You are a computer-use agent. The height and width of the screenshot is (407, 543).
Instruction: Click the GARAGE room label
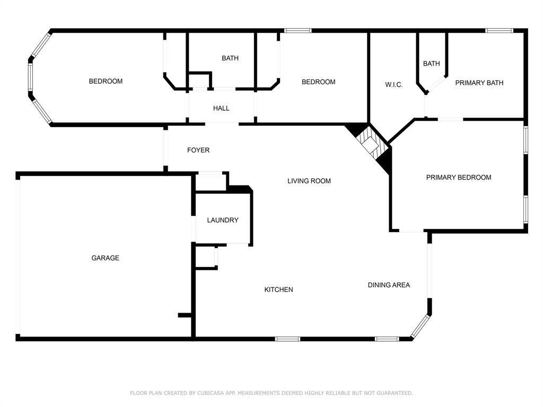pyautogui.click(x=105, y=258)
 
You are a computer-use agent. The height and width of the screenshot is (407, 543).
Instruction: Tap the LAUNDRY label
pyautogui.click(x=222, y=220)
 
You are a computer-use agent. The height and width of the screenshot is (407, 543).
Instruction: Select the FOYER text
pyautogui.click(x=198, y=151)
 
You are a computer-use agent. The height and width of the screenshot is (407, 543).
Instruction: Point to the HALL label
pyautogui.click(x=221, y=108)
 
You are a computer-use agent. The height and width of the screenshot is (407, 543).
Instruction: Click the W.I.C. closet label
pyautogui.click(x=393, y=85)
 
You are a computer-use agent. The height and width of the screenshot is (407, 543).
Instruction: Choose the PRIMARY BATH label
pyautogui.click(x=479, y=83)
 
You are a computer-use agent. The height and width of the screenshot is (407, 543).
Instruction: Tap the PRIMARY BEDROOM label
pyautogui.click(x=458, y=178)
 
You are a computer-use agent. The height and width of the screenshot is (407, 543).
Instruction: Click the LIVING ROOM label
pyautogui.click(x=309, y=181)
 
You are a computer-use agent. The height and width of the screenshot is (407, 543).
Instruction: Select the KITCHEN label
pyautogui.click(x=278, y=290)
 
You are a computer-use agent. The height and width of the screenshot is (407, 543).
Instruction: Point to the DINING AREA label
pyautogui.click(x=389, y=285)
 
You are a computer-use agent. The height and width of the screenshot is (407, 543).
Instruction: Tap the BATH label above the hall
pyautogui.click(x=230, y=58)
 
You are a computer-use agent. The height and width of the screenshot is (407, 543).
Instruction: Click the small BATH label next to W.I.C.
pyautogui.click(x=431, y=64)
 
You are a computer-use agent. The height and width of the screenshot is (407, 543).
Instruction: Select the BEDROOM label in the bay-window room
pyautogui.click(x=106, y=81)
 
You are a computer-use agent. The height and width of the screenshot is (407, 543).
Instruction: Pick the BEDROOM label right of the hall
pyautogui.click(x=318, y=82)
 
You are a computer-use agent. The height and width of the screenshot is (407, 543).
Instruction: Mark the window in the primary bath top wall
pyautogui.click(x=499, y=31)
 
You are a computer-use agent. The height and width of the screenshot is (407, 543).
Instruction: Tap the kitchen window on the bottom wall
pyautogui.click(x=287, y=339)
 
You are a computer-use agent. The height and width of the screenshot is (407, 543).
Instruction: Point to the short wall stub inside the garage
pyautogui.click(x=185, y=315)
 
